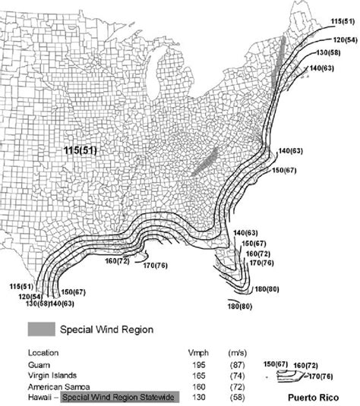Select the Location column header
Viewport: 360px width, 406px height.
(x=43, y=354)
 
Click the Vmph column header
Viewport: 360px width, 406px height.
(x=198, y=354)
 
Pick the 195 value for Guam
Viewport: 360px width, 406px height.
(x=198, y=365)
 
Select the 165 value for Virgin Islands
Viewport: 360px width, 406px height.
(x=198, y=376)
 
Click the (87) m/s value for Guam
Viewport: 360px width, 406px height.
(x=237, y=365)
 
